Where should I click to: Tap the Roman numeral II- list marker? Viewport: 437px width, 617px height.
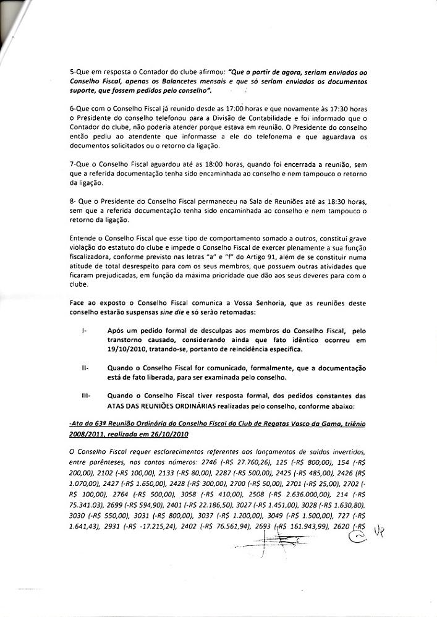[x=85, y=367]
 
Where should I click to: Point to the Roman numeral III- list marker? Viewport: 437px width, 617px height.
[x=87, y=395]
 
